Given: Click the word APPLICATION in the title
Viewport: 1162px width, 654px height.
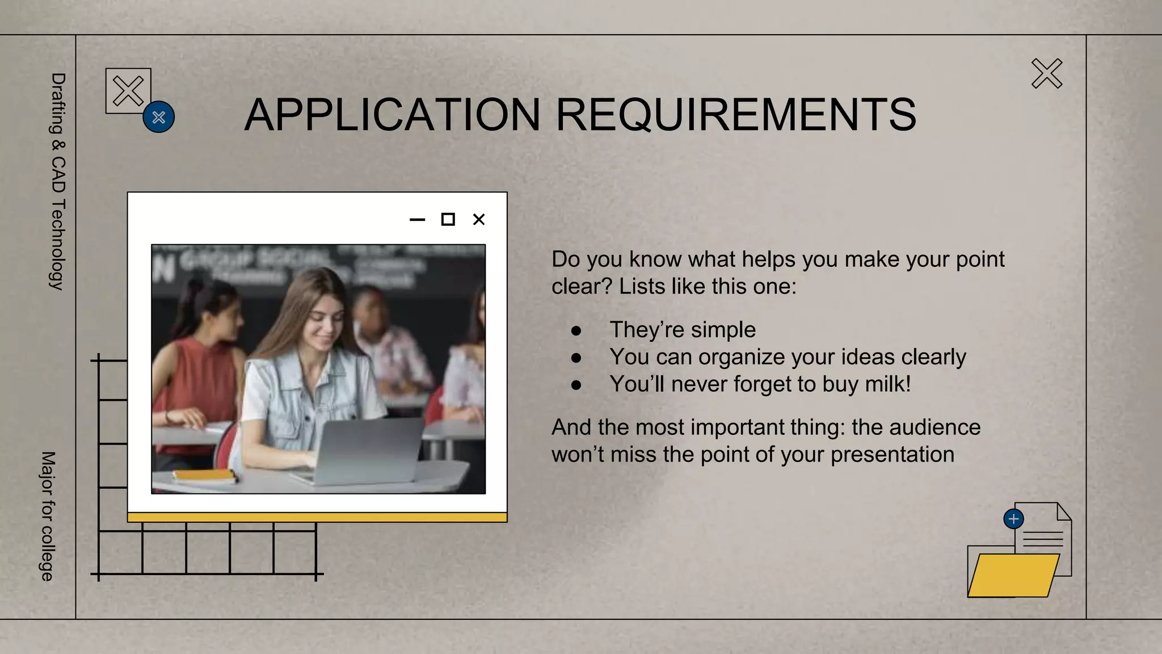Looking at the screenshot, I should point(392,115).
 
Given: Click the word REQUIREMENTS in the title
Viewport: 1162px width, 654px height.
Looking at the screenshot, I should point(736,115).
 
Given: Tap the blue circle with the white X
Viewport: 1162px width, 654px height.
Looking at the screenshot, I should point(159,117).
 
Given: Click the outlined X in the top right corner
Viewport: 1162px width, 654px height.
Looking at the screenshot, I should point(1047,74).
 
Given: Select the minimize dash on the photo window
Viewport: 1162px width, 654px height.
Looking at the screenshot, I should point(417,220).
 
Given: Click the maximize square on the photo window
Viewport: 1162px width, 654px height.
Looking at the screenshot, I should point(448,220).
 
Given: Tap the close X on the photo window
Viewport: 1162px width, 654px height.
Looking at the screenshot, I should point(479,220).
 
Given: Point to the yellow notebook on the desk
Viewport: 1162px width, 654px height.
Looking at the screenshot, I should point(204,475).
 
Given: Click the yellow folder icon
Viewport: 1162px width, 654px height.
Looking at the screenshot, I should point(1013,575).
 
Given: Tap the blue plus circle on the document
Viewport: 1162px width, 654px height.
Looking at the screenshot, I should point(1013,519).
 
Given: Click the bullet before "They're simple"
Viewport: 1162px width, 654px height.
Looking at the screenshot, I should point(576,330).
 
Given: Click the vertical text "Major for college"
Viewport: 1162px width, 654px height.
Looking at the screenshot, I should point(48,516).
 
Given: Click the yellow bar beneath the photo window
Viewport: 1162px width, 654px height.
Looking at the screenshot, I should point(317,517).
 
